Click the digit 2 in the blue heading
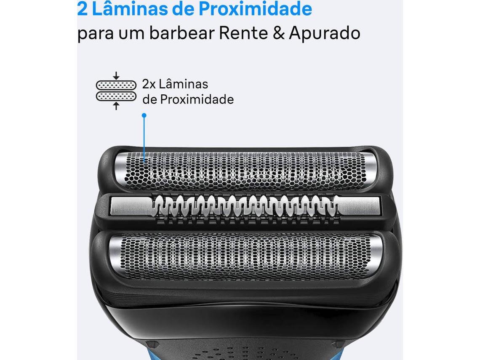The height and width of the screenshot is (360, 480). click(x=82, y=9)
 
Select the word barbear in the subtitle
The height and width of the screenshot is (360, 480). click(x=182, y=32)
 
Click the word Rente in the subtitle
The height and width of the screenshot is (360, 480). click(x=243, y=33)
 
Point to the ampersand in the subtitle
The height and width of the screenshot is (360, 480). click(x=279, y=33)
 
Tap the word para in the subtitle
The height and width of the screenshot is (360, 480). click(x=95, y=34)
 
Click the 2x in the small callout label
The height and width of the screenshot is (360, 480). click(x=149, y=84)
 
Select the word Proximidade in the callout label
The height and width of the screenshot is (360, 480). click(x=197, y=99)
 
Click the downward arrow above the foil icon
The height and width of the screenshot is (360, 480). click(x=116, y=76)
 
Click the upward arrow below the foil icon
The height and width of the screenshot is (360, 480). click(x=116, y=106)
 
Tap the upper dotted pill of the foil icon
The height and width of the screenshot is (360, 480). click(x=116, y=85)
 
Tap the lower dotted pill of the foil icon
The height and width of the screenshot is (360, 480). click(x=116, y=96)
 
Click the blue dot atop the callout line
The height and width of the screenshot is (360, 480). click(x=144, y=115)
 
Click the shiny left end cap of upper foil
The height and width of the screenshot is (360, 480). click(x=120, y=168)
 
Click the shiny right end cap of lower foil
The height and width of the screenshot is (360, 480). click(x=376, y=253)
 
